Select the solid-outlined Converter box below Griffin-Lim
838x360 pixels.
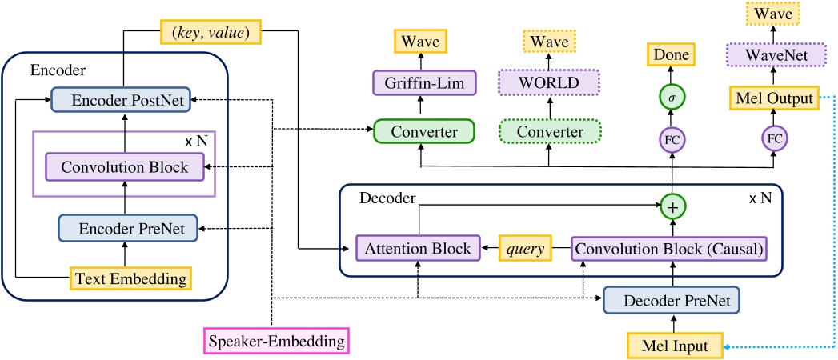[x=422, y=130]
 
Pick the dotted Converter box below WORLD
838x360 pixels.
[x=549, y=130]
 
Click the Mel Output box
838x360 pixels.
[x=774, y=99]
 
